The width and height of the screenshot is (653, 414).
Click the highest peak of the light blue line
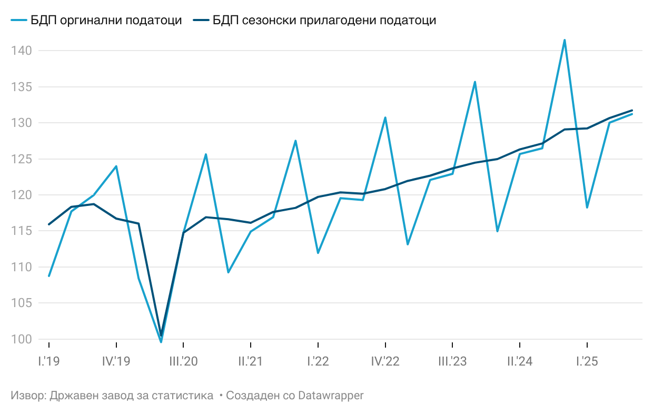click(565, 40)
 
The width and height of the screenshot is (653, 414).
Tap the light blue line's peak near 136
click(474, 82)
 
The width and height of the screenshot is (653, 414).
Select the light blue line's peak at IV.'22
click(385, 117)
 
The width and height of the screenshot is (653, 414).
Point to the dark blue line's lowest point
click(161, 336)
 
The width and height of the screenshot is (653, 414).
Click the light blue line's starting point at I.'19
click(49, 276)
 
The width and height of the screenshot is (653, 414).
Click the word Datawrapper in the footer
click(331, 395)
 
